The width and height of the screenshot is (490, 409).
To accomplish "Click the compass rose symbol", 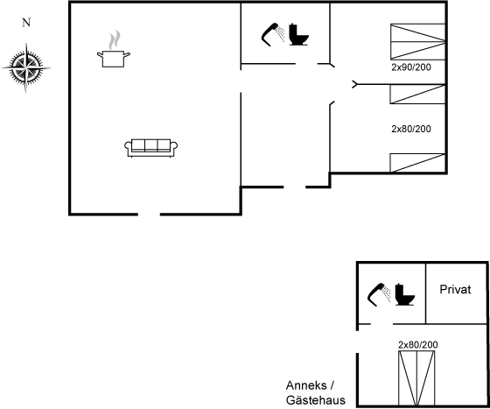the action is click(x=26, y=67).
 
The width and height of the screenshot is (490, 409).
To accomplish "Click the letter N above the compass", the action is click(x=26, y=23).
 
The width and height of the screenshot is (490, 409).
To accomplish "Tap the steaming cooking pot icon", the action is click(x=114, y=49).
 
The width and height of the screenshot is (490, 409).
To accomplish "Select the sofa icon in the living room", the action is click(x=150, y=148).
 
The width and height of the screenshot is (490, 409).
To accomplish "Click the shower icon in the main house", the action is click(x=273, y=34).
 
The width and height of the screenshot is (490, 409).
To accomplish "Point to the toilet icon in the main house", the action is click(x=298, y=34).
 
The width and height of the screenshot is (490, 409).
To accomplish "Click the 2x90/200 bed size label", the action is click(x=411, y=67).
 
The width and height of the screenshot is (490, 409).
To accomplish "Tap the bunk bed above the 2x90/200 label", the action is click(x=418, y=41).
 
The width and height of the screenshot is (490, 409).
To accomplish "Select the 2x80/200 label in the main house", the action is click(x=411, y=129).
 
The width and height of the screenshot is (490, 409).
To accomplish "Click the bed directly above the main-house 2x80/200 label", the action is click(x=417, y=94).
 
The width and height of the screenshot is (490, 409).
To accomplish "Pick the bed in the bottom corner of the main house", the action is click(x=417, y=163).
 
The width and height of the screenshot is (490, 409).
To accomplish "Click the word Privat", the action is click(x=455, y=290).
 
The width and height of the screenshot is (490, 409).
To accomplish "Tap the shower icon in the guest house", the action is click(x=379, y=294).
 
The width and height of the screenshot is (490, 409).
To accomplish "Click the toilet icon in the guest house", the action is click(x=404, y=294).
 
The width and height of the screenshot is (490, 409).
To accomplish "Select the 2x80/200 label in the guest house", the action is click(x=418, y=344).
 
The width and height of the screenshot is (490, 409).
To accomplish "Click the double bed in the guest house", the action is click(x=416, y=378).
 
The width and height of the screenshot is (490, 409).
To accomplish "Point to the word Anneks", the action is click(x=306, y=385).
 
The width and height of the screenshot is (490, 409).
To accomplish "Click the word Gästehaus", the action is click(x=316, y=400).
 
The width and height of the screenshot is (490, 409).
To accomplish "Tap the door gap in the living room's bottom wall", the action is click(x=149, y=215).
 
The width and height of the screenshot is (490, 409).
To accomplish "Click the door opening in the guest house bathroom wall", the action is click(x=381, y=324).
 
